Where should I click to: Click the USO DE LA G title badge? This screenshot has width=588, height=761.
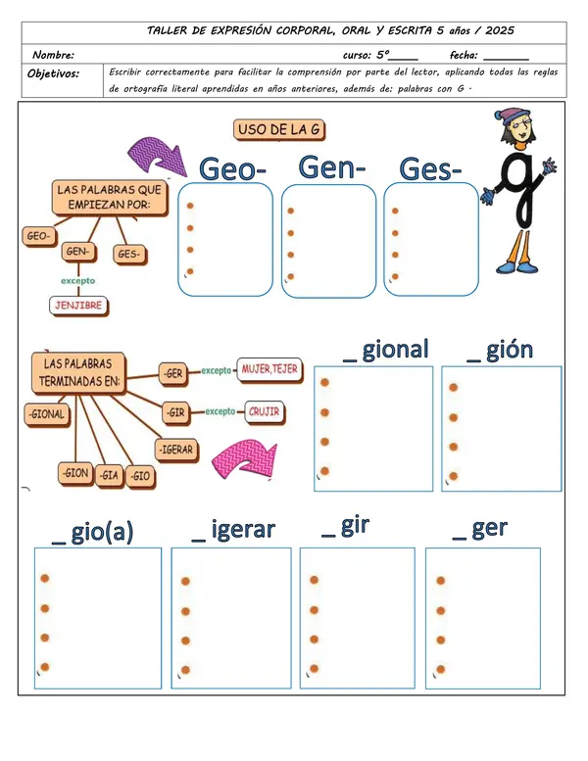[279, 130]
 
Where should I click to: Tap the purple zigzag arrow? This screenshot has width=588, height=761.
[158, 156]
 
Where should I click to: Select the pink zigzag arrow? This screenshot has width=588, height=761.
[245, 458]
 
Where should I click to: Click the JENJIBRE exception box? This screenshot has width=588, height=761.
[78, 306]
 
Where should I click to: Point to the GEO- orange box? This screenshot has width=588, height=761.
[39, 236]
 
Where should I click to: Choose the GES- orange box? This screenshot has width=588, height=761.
[129, 255]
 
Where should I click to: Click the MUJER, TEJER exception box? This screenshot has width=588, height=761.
[269, 370]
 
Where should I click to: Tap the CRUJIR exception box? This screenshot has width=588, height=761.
[265, 412]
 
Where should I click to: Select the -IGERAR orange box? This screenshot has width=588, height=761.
[176, 450]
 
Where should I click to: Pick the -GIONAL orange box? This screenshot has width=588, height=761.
[47, 415]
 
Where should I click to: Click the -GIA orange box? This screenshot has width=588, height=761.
[109, 476]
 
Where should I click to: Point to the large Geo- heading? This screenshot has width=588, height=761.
[232, 168]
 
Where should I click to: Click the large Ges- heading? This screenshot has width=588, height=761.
[429, 169]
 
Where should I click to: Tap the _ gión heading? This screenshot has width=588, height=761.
[500, 350]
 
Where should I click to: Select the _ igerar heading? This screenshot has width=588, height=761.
[233, 530]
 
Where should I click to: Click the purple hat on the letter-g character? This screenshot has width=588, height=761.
[513, 116]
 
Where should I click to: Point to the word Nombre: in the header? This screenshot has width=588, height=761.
[54, 55]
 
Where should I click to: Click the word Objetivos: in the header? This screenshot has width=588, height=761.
[54, 73]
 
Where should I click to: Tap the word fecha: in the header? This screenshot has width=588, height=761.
[464, 55]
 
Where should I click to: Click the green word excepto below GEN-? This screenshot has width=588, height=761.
[78, 281]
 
